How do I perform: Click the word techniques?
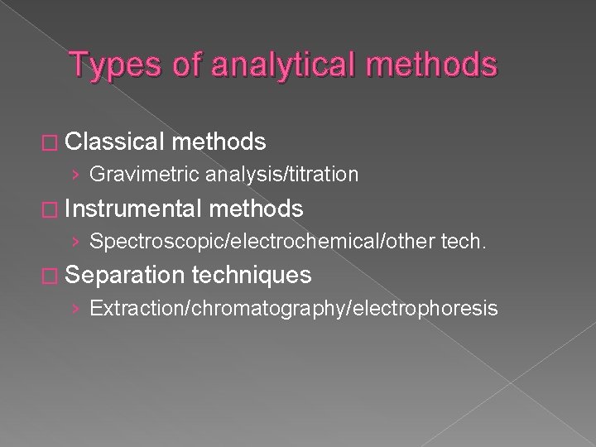(x=252, y=276)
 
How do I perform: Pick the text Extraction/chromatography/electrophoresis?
(x=294, y=309)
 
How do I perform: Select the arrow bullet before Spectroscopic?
(x=76, y=243)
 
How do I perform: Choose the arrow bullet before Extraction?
(x=76, y=310)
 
